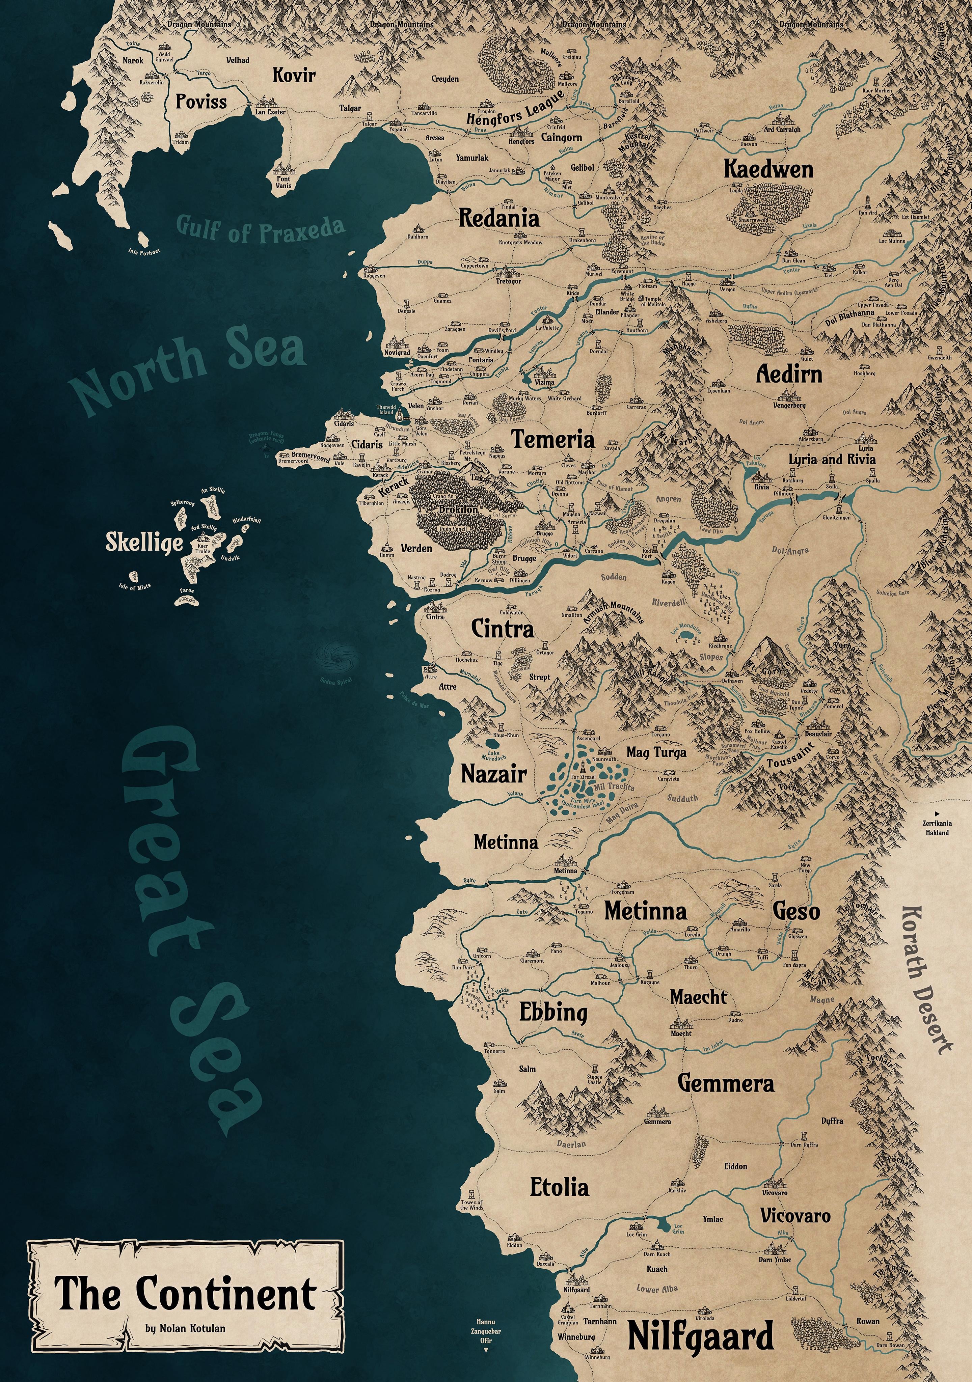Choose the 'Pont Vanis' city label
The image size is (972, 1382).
[283, 182]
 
